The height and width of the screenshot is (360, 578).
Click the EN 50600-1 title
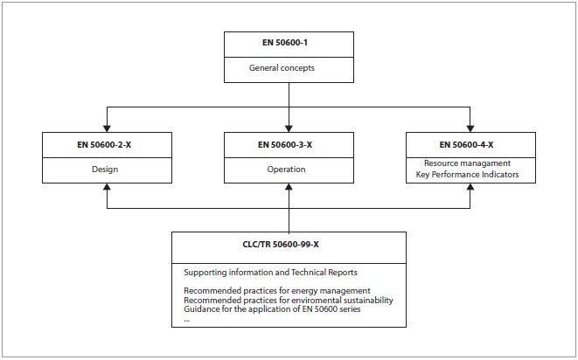point(285,43)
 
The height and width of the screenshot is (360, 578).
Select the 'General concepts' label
point(282,68)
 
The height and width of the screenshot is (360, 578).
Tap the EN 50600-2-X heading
point(104,145)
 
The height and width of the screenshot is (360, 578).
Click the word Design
point(105,170)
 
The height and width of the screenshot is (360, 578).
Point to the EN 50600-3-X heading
point(285,145)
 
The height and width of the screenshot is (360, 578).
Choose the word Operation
point(287,170)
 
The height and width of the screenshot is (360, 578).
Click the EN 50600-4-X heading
point(466,145)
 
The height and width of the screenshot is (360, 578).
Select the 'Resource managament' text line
point(468,163)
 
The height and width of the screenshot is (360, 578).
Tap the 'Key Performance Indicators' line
point(468,174)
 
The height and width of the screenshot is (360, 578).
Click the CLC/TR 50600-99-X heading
point(281,245)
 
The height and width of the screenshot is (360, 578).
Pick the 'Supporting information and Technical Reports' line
point(270,273)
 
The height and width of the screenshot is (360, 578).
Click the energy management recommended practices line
point(277,291)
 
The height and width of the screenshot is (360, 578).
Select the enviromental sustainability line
point(289,301)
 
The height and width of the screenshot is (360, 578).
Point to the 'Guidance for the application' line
point(272,309)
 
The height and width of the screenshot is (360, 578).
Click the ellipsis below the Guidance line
point(186,321)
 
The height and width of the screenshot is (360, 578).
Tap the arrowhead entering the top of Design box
point(107,128)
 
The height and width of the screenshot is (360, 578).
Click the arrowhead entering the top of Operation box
point(289,128)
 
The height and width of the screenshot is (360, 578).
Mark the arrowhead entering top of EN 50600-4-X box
point(470,128)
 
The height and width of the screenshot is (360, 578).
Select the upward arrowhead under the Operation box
point(289,187)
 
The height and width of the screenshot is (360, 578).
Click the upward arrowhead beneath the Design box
point(107,187)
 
